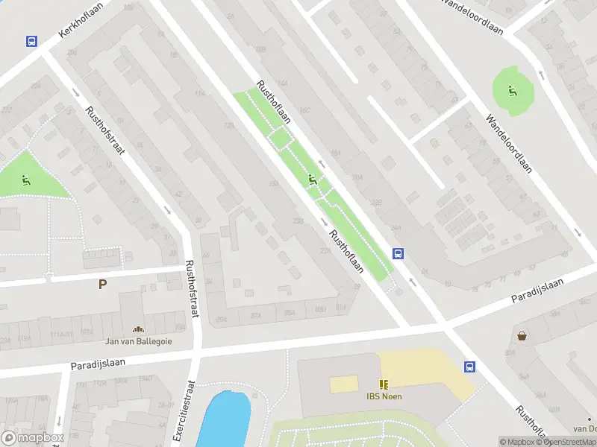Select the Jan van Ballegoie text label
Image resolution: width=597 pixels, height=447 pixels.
pyautogui.click(x=139, y=341)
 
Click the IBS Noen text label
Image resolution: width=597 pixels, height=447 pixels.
pyautogui.click(x=384, y=396)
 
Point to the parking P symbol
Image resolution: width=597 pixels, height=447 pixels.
pyautogui.click(x=102, y=284)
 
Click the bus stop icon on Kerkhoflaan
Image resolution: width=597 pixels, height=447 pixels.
pyautogui.click(x=31, y=42)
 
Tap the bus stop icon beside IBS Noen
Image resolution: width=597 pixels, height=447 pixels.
pyautogui.click(x=470, y=367)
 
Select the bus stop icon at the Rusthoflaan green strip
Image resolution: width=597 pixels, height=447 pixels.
pyautogui.click(x=398, y=253)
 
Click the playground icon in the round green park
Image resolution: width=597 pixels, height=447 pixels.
pyautogui.click(x=512, y=91)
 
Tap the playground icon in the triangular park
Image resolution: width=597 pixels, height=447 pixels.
pyautogui.click(x=25, y=179)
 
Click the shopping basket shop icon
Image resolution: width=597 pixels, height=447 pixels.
pyautogui.click(x=522, y=335)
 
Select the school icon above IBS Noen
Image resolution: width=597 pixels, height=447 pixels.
pyautogui.click(x=384, y=384)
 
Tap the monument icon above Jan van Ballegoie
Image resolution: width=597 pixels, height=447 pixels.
pyautogui.click(x=138, y=329)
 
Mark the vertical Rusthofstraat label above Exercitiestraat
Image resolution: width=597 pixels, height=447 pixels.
pyautogui.click(x=192, y=289)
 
